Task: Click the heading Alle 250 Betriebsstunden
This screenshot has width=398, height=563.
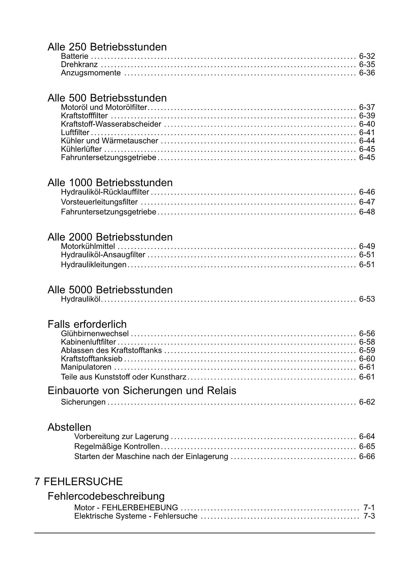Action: (x=107, y=47)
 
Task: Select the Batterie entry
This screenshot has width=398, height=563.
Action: (x=74, y=56)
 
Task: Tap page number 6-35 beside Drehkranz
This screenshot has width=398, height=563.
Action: (x=367, y=65)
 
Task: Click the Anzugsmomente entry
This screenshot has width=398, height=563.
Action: (x=91, y=73)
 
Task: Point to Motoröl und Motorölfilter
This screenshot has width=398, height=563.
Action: (x=104, y=108)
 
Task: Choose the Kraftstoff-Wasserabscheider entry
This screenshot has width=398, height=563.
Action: (x=111, y=124)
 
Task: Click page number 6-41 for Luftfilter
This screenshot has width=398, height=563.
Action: (x=367, y=133)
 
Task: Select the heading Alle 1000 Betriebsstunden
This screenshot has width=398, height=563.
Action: (x=110, y=183)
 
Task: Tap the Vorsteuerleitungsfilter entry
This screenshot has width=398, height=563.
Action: (x=99, y=202)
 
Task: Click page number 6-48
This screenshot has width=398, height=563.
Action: (x=367, y=212)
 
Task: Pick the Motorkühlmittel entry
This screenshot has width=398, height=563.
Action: (x=88, y=247)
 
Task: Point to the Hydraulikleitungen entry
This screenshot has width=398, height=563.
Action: (x=94, y=265)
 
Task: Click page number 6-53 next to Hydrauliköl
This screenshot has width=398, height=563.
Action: (x=367, y=299)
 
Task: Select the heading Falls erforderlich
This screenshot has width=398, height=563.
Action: (x=87, y=324)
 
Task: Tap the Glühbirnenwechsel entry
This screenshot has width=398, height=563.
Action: (x=95, y=334)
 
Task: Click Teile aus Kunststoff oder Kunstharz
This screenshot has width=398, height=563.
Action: (x=123, y=377)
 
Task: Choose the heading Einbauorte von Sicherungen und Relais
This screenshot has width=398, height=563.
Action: (x=142, y=391)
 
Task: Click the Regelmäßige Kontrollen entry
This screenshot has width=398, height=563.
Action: (x=117, y=446)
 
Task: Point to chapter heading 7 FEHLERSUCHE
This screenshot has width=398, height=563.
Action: (x=79, y=481)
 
